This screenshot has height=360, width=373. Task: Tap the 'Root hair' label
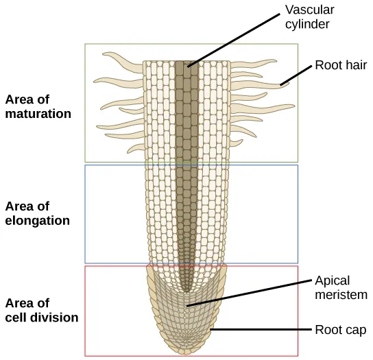[x=341, y=66]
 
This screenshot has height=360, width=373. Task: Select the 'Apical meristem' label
[x=341, y=287]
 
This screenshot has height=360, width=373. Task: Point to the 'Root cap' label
[x=340, y=330]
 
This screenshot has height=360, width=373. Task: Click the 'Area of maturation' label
[x=38, y=107]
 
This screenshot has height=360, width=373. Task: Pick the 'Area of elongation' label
[x=37, y=213]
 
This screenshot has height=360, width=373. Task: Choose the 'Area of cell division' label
[x=41, y=311]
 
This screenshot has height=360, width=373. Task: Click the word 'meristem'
[x=341, y=295]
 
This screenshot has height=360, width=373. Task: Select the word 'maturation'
[x=38, y=114]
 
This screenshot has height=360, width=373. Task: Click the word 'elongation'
[x=37, y=221]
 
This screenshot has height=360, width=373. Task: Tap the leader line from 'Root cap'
[x=261, y=330]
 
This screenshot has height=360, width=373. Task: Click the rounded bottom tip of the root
[x=184, y=350]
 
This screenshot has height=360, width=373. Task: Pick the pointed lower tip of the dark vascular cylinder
[x=184, y=290]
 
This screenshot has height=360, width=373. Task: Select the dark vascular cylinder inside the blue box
[x=184, y=213]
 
